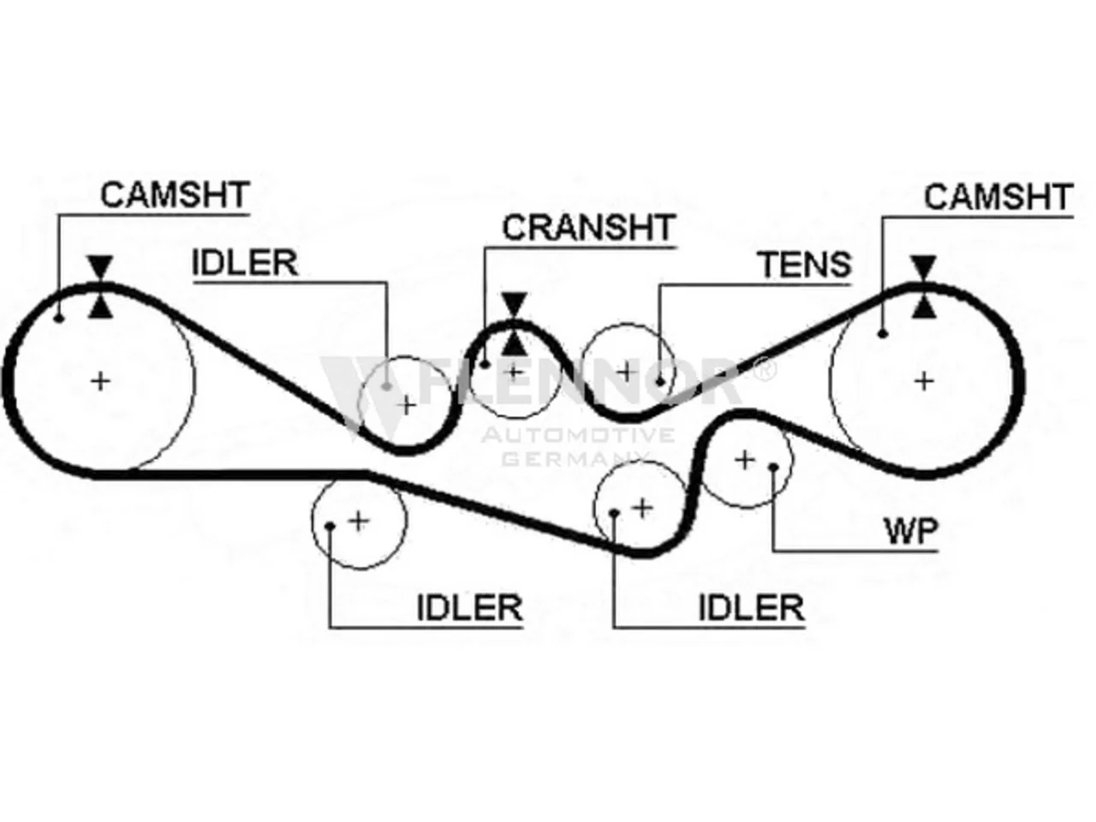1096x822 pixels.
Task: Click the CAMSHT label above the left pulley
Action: (x=175, y=194)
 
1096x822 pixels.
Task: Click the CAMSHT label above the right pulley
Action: (x=998, y=197)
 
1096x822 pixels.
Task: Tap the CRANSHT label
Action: (x=589, y=228)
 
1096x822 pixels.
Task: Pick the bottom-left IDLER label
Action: (x=470, y=607)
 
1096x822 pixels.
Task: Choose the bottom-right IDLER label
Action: (x=752, y=607)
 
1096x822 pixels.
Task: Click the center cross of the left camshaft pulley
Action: (x=101, y=382)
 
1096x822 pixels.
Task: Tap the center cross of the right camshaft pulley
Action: (x=924, y=382)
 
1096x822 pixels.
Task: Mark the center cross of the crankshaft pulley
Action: (x=513, y=372)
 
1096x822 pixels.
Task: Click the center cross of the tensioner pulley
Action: (x=627, y=372)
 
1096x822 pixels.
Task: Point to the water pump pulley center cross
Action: (x=744, y=460)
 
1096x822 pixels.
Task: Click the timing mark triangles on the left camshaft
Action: (x=100, y=287)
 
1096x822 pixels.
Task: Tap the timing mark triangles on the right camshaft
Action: (x=923, y=287)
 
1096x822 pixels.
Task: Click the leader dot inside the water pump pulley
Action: (x=773, y=468)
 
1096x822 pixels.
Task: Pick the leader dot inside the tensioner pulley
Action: (x=660, y=382)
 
